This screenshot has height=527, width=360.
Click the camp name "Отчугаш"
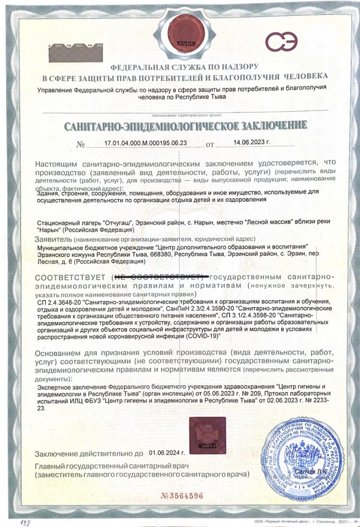click(118, 222)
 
